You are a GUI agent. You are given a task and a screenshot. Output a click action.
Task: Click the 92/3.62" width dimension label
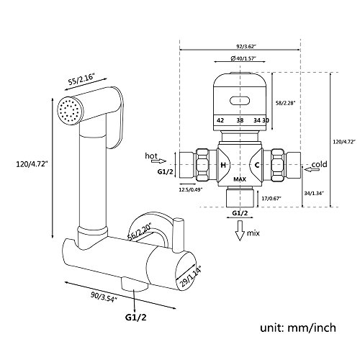[240, 46]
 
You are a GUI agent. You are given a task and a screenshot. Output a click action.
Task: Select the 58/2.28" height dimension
[285, 103]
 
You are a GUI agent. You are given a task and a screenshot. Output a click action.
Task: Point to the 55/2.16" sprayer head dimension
[82, 78]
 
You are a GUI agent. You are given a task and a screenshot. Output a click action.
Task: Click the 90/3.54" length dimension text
[104, 297]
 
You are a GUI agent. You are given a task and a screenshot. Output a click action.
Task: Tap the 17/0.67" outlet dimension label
[271, 198]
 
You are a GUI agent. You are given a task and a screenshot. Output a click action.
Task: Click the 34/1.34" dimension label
[315, 193]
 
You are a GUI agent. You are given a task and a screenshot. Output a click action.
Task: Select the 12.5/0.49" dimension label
[191, 189]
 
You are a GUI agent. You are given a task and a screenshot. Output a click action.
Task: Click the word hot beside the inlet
[151, 156]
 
